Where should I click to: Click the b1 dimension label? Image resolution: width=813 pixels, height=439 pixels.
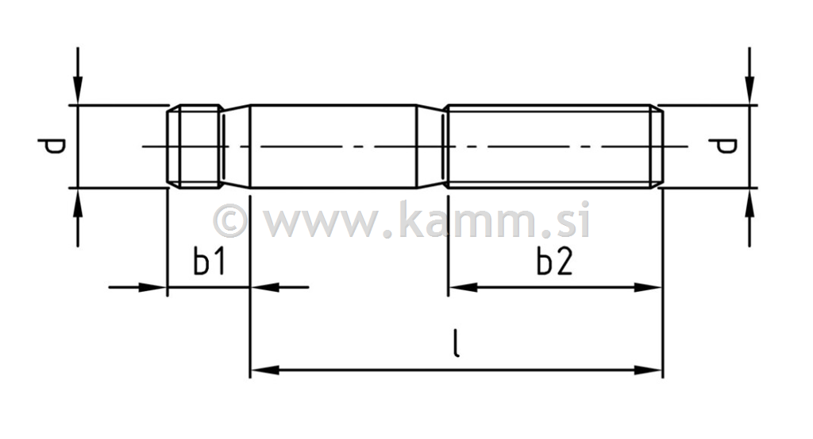tap(208, 262)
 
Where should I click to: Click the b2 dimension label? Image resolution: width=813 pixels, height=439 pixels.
tap(554, 262)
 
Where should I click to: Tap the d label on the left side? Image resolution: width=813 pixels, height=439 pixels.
tap(54, 146)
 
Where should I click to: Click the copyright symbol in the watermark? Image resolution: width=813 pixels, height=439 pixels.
tap(230, 220)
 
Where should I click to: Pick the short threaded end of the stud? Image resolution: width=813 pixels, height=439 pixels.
tap(195, 146)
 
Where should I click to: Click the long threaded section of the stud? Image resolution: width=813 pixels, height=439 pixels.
tap(552, 146)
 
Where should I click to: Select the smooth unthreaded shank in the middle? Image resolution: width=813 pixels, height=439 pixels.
tap(333, 146)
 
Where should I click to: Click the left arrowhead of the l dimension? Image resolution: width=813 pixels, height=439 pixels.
tap(262, 370)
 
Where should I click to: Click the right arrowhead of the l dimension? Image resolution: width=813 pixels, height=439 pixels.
tap(650, 370)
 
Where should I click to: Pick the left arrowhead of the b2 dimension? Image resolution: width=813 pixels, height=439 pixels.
tap(460, 286)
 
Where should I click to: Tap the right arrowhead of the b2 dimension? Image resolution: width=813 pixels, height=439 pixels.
tap(650, 286)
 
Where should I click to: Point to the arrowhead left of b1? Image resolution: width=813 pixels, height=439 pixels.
tap(156, 286)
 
